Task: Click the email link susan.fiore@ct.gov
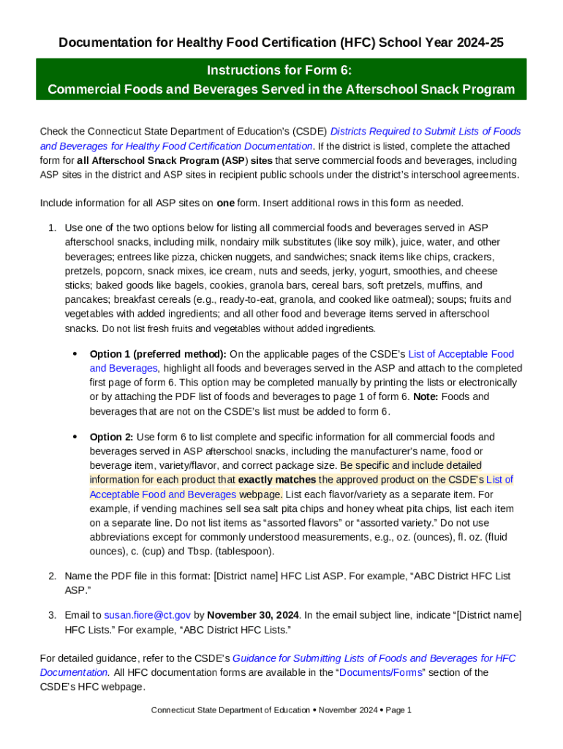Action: coord(147,615)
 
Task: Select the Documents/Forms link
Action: coord(381,672)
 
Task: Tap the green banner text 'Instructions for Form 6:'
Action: coord(281,70)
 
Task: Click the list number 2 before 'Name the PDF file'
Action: coord(52,576)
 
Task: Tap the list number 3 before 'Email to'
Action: coord(52,615)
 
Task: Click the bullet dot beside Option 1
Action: coord(75,354)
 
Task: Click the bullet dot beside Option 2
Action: coord(75,437)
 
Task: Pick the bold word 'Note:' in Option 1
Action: coord(427,396)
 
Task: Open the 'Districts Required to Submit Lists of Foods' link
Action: coord(426,132)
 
